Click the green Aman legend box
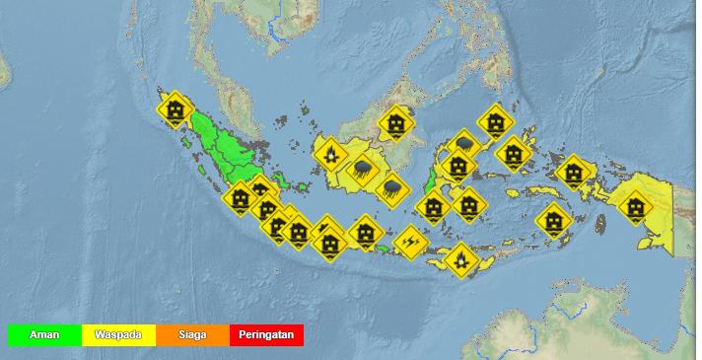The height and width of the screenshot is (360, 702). (x=44, y=335)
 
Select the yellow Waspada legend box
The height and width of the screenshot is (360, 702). (x=118, y=335)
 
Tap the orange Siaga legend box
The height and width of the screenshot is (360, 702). (x=192, y=335)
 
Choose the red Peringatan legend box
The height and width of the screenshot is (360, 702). (x=266, y=335)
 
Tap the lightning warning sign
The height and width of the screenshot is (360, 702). (x=409, y=241)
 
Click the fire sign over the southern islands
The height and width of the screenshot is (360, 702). (x=458, y=260)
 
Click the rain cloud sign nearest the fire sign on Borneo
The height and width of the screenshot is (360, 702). (x=362, y=170)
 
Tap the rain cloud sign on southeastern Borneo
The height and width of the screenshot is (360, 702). (x=391, y=186)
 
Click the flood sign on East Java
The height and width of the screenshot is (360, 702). (x=366, y=233)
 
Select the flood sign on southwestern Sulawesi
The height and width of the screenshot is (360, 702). (x=433, y=207)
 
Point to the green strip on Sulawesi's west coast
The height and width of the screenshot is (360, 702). (x=431, y=180)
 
